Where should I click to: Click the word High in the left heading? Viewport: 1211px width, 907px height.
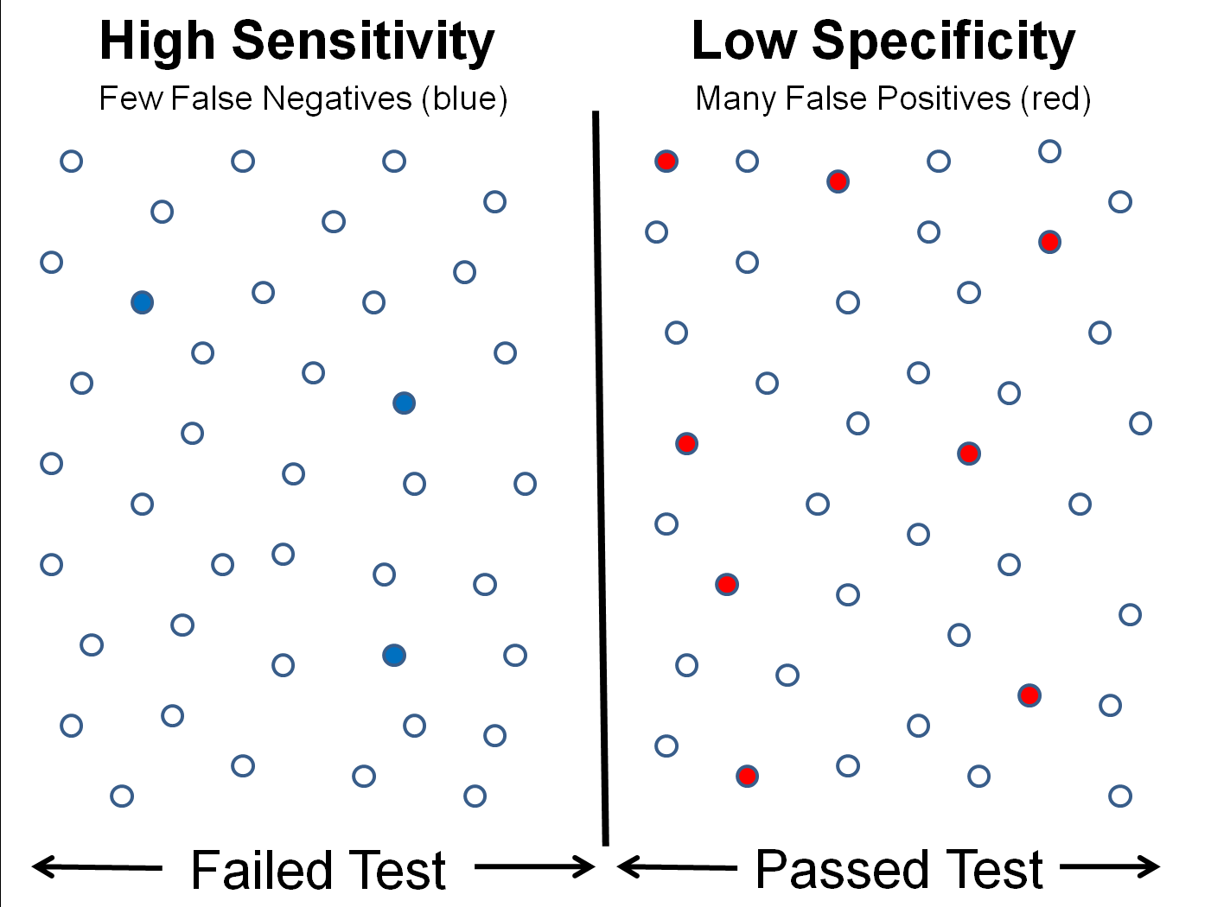click(x=157, y=41)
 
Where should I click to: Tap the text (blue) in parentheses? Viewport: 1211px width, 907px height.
click(x=464, y=99)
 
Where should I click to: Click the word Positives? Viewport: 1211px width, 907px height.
click(x=944, y=99)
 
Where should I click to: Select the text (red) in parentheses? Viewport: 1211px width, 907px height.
click(x=1055, y=99)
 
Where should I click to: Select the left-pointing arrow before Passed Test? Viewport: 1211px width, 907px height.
click(x=676, y=866)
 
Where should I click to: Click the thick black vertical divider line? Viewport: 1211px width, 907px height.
click(x=600, y=475)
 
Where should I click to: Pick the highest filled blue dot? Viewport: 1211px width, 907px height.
click(x=143, y=302)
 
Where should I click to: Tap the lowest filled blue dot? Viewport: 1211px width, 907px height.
click(x=394, y=656)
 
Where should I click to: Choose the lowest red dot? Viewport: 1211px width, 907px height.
click(x=748, y=776)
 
